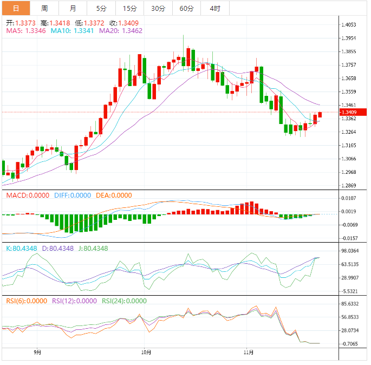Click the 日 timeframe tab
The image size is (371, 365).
[x=16, y=8]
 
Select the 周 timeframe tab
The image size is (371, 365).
[x=44, y=8]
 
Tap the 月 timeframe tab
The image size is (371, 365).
[x=73, y=8]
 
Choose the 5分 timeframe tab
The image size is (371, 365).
[x=101, y=8]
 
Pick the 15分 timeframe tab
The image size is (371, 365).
[x=129, y=8]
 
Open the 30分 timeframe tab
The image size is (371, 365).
[x=158, y=8]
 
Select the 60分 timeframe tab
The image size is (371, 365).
[x=186, y=8]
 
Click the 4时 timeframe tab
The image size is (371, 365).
[x=214, y=8]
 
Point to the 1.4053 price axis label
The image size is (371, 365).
[x=349, y=25]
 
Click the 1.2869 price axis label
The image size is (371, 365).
[x=349, y=185]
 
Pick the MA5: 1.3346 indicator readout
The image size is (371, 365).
[x=26, y=31]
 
